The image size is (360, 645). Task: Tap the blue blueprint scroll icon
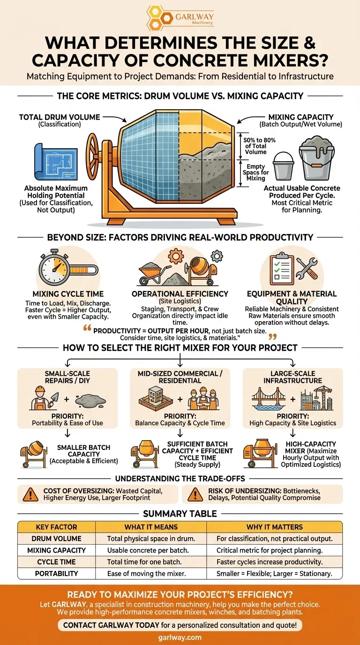pos(56,162)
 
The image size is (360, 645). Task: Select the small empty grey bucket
pos(284,166)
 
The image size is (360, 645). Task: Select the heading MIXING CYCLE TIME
pos(68,294)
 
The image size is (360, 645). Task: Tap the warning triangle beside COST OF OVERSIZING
pos(30,495)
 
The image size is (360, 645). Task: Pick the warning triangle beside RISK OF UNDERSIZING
pos(195,495)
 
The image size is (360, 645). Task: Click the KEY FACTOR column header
pos(56,527)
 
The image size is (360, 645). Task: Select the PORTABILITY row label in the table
pos(56,574)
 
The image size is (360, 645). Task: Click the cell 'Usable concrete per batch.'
pos(148,550)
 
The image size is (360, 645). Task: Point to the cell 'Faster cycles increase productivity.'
pos(270,562)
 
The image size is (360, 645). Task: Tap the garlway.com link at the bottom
pos(180,637)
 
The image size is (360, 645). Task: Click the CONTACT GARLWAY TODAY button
pos(180,625)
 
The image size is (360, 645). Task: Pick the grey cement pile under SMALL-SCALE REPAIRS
pos(90,400)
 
